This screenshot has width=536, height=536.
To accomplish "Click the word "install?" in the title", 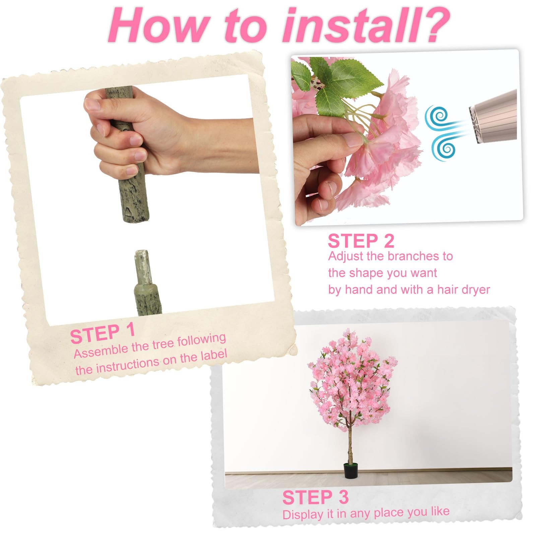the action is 366,26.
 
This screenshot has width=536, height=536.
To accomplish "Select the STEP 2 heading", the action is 361,241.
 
